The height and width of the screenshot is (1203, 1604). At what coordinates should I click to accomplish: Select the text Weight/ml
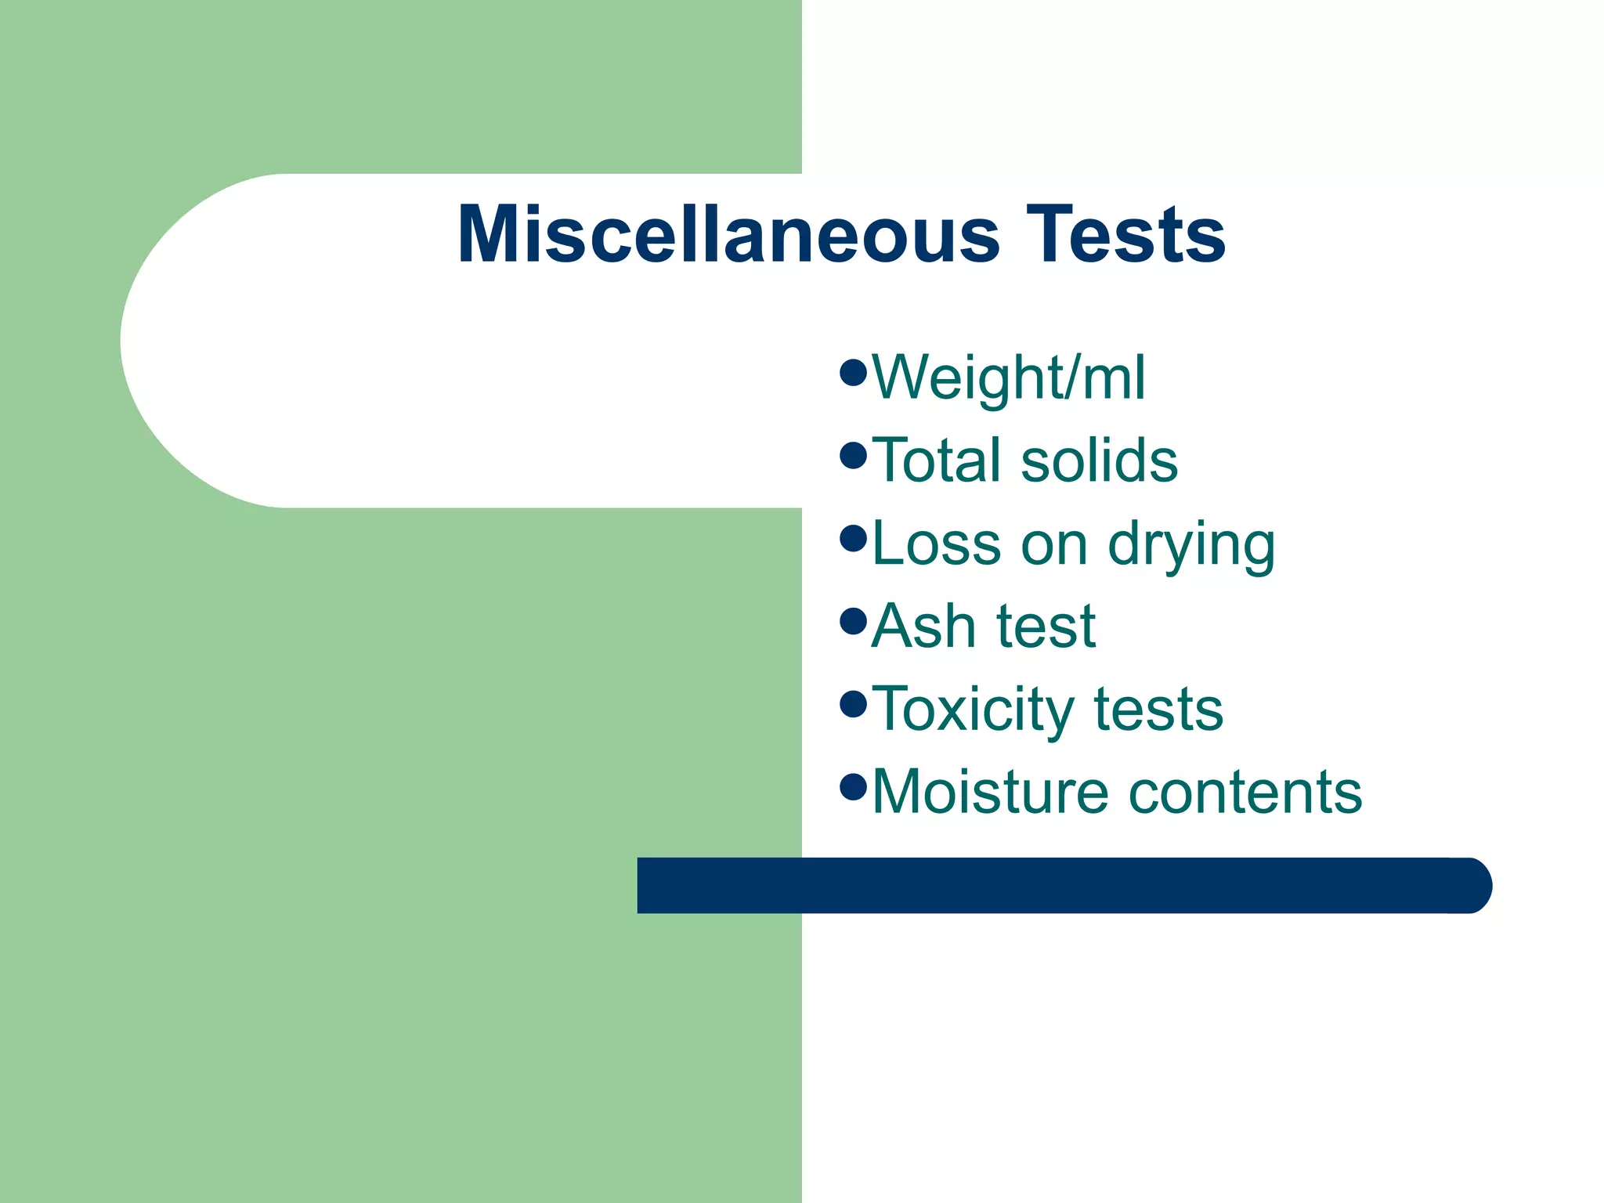tap(1008, 378)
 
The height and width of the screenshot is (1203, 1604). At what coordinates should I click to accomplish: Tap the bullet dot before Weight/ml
tap(853, 371)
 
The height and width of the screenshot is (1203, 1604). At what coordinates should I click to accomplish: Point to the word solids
tap(1100, 460)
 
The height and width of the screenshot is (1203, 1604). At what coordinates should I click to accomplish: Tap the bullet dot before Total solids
tap(853, 454)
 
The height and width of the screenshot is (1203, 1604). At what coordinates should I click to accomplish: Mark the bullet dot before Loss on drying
tap(853, 537)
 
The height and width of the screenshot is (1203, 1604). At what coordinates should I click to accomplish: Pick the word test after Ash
tap(1046, 627)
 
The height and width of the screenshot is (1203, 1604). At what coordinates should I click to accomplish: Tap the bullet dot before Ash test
tap(853, 621)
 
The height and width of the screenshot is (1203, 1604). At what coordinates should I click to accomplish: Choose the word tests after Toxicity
tap(1158, 710)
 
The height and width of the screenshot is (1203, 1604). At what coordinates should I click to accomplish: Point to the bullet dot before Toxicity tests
tap(853, 703)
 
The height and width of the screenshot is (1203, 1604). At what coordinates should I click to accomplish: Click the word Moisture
tap(990, 792)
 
